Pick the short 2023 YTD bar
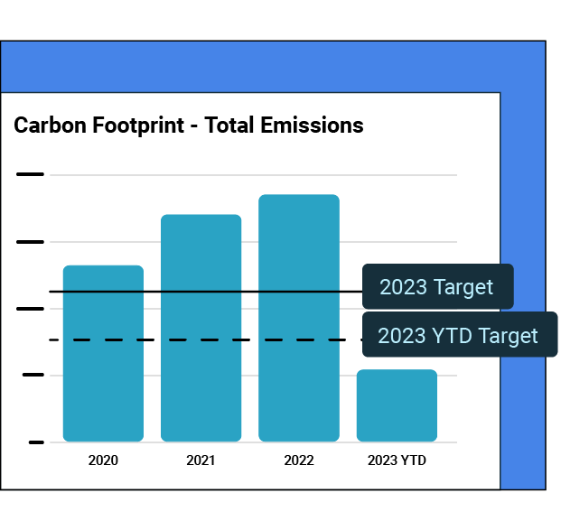[397, 405]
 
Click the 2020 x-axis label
[103, 460]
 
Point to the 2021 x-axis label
[201, 460]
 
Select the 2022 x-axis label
[299, 460]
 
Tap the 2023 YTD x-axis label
[397, 460]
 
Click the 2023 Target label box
[437, 287]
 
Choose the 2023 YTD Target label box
[459, 336]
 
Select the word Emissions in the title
[312, 126]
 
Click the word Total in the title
[229, 126]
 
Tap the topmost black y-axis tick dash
[30, 174]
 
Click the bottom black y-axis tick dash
[36, 442]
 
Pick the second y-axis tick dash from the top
[30, 242]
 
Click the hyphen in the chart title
[193, 126]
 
